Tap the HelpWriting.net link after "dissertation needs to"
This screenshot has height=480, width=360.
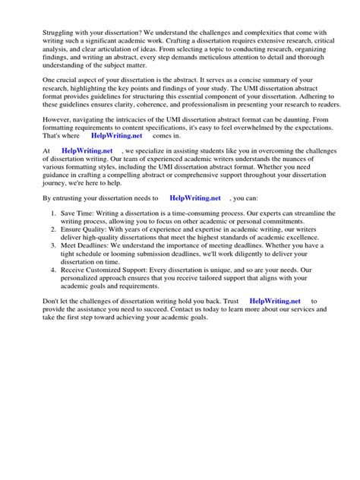click(x=195, y=218)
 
